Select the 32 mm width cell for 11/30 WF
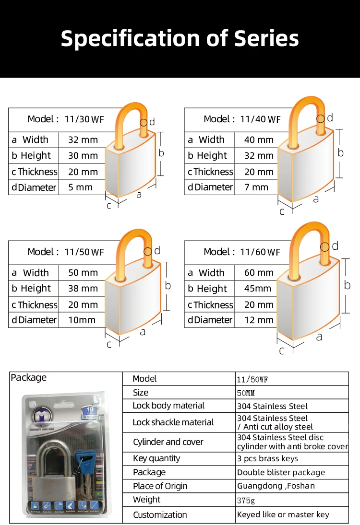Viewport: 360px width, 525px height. pos(83,140)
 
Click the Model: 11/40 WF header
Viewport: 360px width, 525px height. pos(242,119)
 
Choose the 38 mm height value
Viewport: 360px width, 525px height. pos(83,289)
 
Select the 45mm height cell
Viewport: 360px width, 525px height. pos(258,289)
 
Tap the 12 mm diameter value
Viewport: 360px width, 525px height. pos(259,320)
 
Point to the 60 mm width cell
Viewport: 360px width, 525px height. pos(259,273)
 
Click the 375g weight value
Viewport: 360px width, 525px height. pos(247,500)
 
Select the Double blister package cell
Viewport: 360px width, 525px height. pos(281,472)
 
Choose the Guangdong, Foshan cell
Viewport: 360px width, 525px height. pos(276,486)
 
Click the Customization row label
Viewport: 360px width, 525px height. pos(160,515)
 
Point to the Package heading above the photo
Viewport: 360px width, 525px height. pos(29,378)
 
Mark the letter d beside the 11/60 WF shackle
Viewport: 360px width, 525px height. pos(335,246)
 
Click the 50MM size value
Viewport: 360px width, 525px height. pos(246,393)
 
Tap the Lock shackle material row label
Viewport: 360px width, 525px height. pos(173,422)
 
